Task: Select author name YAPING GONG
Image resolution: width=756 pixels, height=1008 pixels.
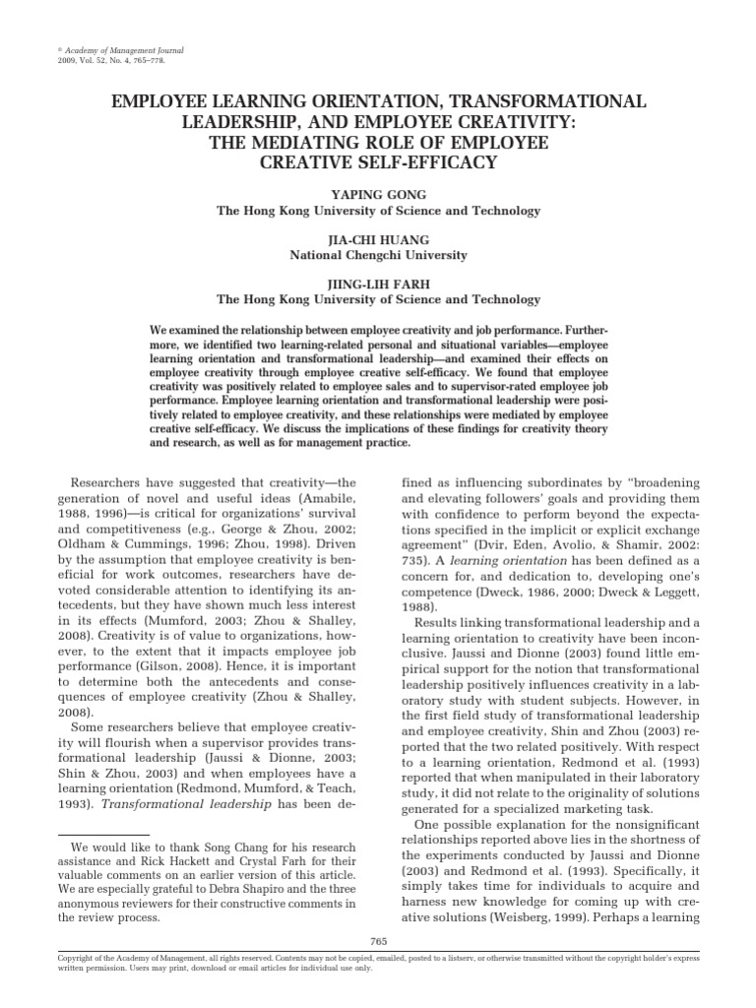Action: (x=378, y=197)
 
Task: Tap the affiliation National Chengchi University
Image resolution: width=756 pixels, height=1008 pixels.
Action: (x=378, y=256)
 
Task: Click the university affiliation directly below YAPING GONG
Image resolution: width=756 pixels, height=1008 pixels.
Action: (x=378, y=212)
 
